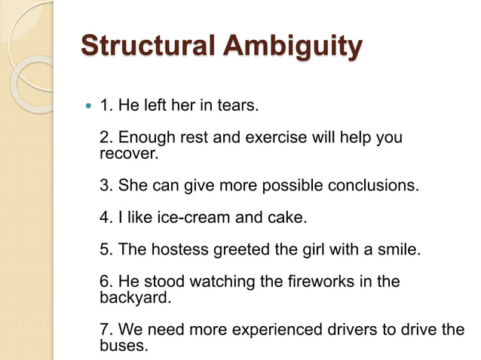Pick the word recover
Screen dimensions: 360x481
128,154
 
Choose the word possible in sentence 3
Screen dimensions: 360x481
283,185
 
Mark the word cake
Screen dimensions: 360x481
287,218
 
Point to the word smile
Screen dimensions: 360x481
396,249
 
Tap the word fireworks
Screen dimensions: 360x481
310,282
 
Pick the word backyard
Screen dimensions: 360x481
133,297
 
